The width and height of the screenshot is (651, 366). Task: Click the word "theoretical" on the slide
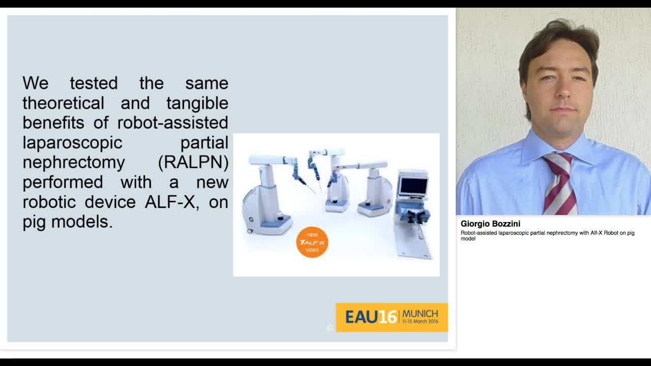63,103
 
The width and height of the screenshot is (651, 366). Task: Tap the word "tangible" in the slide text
197,103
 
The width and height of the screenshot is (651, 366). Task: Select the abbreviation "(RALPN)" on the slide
193,162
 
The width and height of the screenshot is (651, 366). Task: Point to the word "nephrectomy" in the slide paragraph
74,162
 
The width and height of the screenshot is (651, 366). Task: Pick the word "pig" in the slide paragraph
35,222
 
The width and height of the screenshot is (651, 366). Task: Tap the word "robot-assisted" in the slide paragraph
172,123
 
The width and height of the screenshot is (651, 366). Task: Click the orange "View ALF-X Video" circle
312,242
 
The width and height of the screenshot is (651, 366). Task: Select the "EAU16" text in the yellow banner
370,317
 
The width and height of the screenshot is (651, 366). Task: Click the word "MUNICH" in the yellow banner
420,313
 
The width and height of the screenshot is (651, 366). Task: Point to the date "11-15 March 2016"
420,322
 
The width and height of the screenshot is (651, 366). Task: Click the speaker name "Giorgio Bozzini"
490,224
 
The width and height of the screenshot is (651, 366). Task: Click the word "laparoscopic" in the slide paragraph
72,142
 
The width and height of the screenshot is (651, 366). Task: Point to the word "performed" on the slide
63,182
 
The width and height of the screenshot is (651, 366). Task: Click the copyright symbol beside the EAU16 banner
330,328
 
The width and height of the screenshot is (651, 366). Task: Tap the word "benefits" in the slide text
55,123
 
